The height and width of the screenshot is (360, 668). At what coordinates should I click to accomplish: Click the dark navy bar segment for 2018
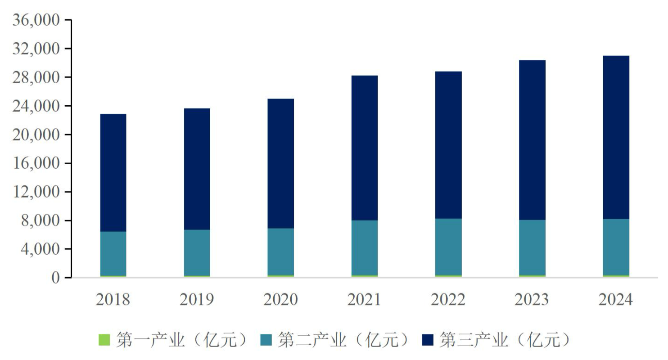[113, 173]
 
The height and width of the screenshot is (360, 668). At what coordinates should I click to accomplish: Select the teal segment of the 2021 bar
[365, 247]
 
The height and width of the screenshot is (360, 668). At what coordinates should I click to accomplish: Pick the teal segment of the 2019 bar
[197, 252]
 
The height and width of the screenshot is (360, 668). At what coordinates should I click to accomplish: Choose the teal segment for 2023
[532, 247]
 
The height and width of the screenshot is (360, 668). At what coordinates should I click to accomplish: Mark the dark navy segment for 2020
[281, 163]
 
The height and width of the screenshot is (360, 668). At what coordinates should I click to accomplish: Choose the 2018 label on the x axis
[113, 299]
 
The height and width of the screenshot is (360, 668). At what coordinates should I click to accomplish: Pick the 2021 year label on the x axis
[365, 299]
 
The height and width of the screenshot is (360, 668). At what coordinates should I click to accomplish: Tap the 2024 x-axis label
[616, 299]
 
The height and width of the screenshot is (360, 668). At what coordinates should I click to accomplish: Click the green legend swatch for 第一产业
[104, 340]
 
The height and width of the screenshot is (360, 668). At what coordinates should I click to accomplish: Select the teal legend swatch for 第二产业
[266, 340]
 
